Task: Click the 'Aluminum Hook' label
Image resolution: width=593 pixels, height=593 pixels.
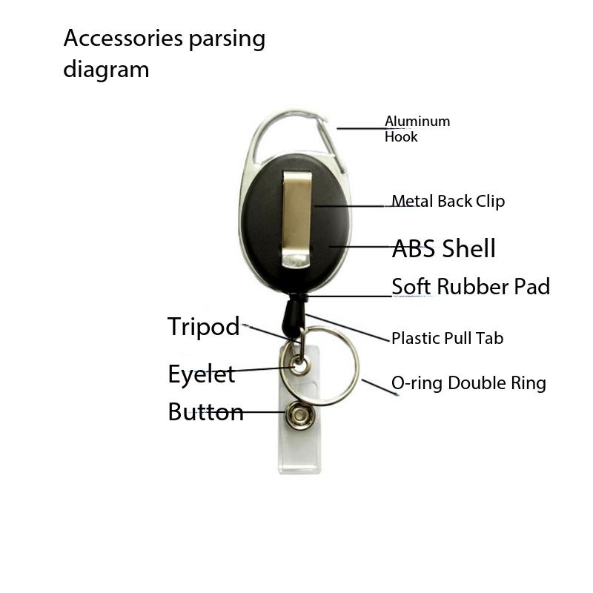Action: (417, 129)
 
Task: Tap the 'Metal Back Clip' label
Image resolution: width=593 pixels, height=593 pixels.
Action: (448, 201)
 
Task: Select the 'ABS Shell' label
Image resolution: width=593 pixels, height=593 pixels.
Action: (443, 248)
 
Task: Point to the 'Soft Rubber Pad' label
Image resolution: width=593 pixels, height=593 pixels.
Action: (471, 287)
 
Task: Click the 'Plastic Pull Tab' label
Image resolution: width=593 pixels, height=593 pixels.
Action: (447, 339)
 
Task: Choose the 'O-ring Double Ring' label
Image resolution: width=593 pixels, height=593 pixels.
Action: (468, 383)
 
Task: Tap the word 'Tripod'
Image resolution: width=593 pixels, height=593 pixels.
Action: (203, 327)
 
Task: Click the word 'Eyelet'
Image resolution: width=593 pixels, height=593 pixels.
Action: (201, 374)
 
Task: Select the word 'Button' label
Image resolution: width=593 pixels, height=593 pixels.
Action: (205, 412)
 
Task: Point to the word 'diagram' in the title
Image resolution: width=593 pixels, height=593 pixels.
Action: (106, 70)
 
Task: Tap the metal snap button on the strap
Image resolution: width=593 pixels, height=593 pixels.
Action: (299, 412)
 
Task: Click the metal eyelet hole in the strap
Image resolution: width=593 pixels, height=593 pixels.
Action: (299, 364)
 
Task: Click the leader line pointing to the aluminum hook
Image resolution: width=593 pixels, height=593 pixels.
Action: (360, 128)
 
